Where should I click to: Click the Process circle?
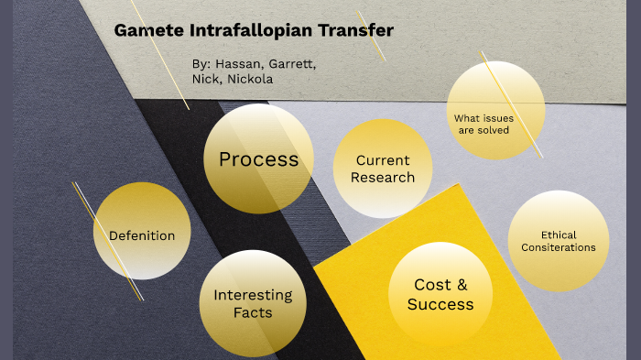click(x=258, y=159)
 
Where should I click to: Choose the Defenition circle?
click(x=142, y=235)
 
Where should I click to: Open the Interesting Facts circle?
click(x=253, y=303)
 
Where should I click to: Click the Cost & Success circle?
click(x=440, y=294)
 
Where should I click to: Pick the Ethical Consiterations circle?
click(x=558, y=241)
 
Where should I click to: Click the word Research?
click(x=383, y=178)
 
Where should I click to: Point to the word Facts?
click(x=253, y=312)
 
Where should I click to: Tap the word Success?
click(x=440, y=304)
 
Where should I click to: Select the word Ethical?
click(x=559, y=235)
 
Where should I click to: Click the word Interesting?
click(x=253, y=295)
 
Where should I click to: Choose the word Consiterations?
click(x=558, y=247)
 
